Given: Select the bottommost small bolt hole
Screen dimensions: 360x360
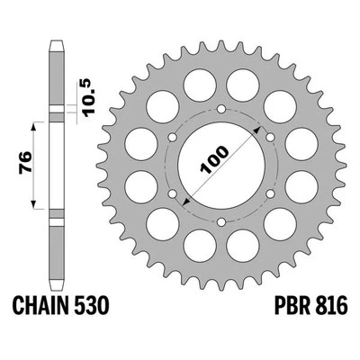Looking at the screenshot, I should click(220, 220).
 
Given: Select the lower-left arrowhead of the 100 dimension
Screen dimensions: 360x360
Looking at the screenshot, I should click(185, 203).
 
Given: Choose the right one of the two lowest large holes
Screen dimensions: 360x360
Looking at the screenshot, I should click(244, 246).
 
